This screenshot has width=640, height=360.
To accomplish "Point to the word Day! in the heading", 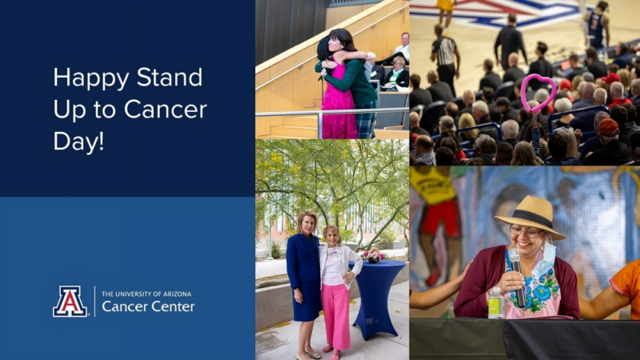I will point(78,141).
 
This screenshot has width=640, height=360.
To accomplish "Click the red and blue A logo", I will point(70,302).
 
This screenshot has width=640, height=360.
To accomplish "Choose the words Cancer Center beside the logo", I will point(148,307).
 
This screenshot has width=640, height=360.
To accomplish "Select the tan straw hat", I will point(530,215).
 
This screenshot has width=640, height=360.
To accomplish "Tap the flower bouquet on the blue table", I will point(374,255).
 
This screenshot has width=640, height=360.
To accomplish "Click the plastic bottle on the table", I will point(496,303).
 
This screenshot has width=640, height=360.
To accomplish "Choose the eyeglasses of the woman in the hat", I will point(526,233).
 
